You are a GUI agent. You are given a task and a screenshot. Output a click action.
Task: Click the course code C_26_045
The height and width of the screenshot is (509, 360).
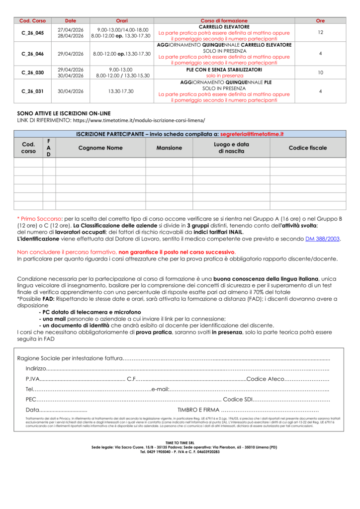click(32, 33)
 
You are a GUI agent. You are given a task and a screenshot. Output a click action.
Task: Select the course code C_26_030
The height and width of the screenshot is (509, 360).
click(32, 73)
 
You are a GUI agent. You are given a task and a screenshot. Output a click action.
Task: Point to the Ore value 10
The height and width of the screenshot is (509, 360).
click(320, 73)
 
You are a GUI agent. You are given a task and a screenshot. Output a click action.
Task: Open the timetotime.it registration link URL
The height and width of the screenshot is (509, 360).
click(138, 121)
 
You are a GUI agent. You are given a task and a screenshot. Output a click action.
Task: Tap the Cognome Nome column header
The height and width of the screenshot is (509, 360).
click(100, 148)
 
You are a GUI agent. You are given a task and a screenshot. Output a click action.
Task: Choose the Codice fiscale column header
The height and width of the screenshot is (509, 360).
click(308, 148)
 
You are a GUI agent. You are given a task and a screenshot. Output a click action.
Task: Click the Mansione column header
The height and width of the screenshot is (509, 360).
click(169, 148)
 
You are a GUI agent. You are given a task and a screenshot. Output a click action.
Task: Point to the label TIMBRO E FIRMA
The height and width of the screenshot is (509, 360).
click(198, 410)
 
